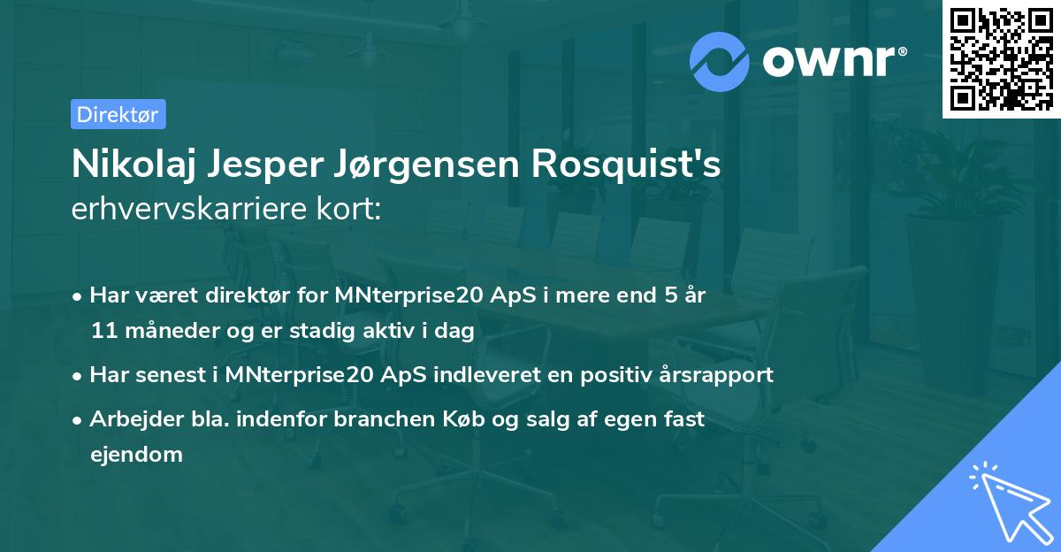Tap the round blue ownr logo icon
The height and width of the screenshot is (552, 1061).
pos(721,61)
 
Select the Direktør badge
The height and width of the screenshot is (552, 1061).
pos(118,114)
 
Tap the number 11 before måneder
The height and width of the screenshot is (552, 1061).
pos(102,331)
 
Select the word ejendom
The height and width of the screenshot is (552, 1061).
pos(136,455)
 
